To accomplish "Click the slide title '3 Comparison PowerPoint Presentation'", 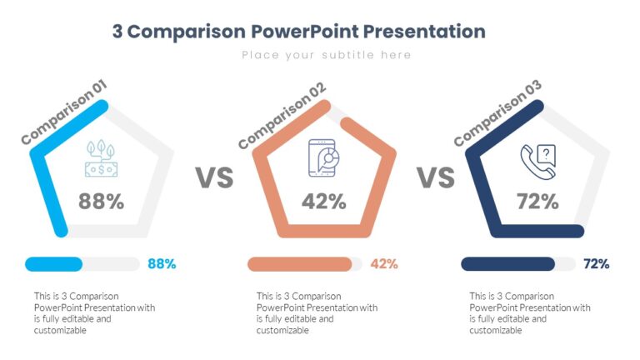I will [x=298, y=32].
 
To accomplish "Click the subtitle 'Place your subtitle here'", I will [x=327, y=55].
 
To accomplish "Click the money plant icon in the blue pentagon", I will [x=102, y=158].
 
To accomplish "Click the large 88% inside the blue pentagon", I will [x=101, y=201].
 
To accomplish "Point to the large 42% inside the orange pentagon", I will [x=323, y=201].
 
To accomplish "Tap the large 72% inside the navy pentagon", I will [x=537, y=201].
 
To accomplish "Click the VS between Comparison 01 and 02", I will [x=214, y=177].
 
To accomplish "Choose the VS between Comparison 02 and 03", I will [x=435, y=177].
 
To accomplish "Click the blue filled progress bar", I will [x=54, y=264].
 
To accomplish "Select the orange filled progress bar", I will [x=300, y=264].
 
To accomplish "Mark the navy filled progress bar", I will [x=508, y=264].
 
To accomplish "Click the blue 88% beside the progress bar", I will [x=162, y=264].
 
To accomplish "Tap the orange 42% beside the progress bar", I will [x=383, y=264].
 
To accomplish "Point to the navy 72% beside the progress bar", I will [x=597, y=264].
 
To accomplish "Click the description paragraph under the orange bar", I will [x=317, y=312].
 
